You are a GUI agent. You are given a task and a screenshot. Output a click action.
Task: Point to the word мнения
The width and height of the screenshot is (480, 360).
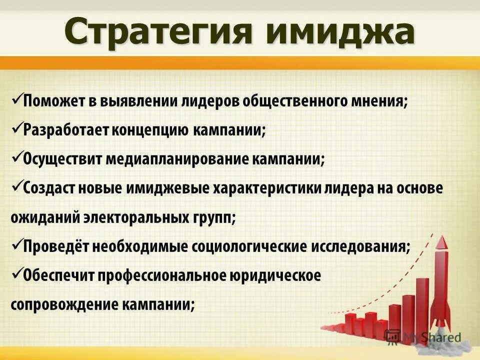click(384, 101)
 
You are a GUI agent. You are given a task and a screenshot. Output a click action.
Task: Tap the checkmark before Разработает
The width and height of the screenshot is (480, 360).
click(15, 128)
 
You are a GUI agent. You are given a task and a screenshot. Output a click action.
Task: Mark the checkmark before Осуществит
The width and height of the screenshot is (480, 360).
click(15, 157)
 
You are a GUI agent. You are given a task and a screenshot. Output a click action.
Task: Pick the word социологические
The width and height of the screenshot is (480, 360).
click(247, 247)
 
